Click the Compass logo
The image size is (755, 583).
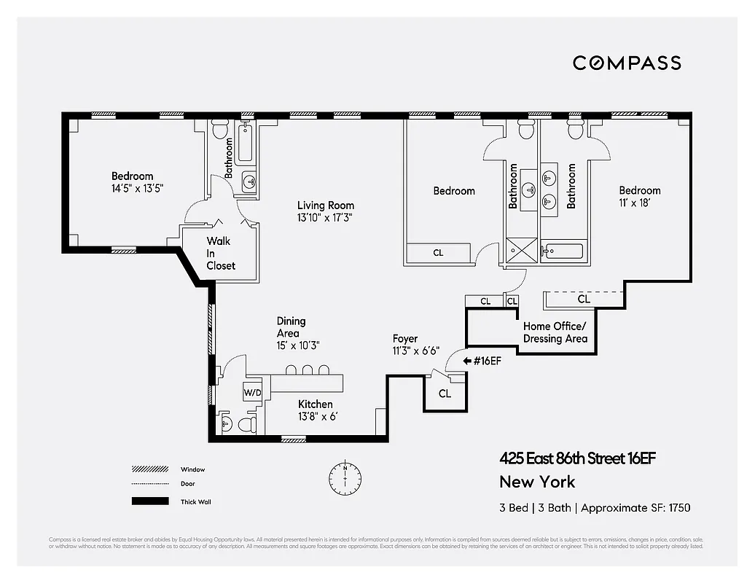click(627, 63)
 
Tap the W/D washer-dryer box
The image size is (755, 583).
click(253, 392)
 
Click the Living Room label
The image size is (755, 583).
click(325, 206)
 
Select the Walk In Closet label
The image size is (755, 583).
click(221, 253)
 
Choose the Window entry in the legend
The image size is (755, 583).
click(192, 469)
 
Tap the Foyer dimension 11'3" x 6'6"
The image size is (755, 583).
click(415, 351)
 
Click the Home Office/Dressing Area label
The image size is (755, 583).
click(555, 332)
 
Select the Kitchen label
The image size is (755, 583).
click(316, 404)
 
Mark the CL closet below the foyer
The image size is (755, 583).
click(445, 394)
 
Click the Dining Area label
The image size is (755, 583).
click(291, 326)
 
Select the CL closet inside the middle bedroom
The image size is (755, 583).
click(438, 253)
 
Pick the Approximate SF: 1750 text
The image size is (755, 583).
click(635, 508)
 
